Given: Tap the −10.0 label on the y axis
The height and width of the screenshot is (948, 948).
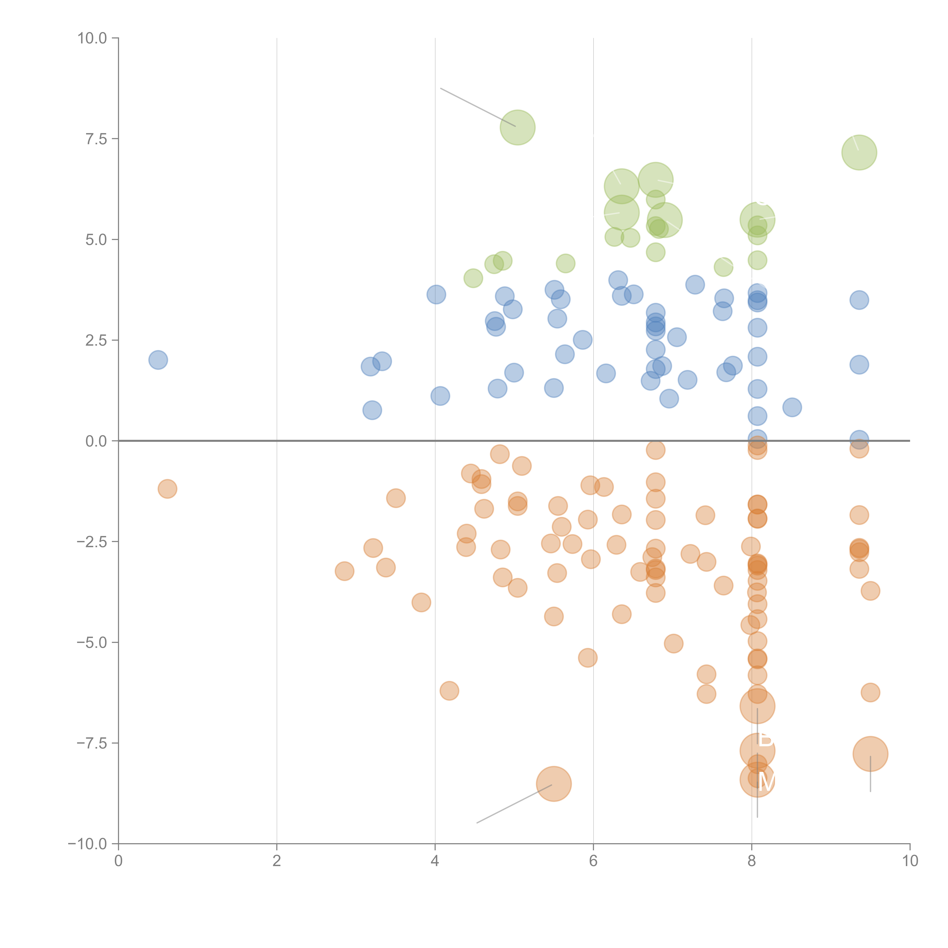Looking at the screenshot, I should pos(87,844).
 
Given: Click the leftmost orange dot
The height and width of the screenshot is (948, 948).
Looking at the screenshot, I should pos(167,489).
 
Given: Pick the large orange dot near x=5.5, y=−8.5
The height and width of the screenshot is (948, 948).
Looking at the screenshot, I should pos(553,784).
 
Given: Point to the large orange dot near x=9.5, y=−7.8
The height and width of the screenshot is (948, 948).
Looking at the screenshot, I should pos(870,754).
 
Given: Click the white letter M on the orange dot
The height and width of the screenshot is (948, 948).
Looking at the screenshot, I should pos(765,782).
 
